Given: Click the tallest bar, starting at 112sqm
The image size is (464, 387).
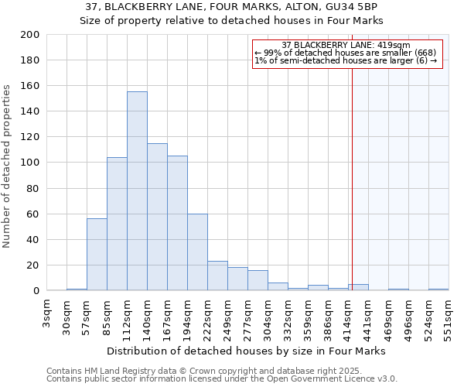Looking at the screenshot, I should [137, 191].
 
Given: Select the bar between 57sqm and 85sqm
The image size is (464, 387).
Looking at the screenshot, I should [97, 255].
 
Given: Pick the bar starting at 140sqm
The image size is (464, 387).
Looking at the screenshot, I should [157, 217].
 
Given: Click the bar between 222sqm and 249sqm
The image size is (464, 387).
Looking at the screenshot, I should [217, 276].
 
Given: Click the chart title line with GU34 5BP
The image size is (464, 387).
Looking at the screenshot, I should [232, 8].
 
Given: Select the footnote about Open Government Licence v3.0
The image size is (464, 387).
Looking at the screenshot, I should [222, 378].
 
